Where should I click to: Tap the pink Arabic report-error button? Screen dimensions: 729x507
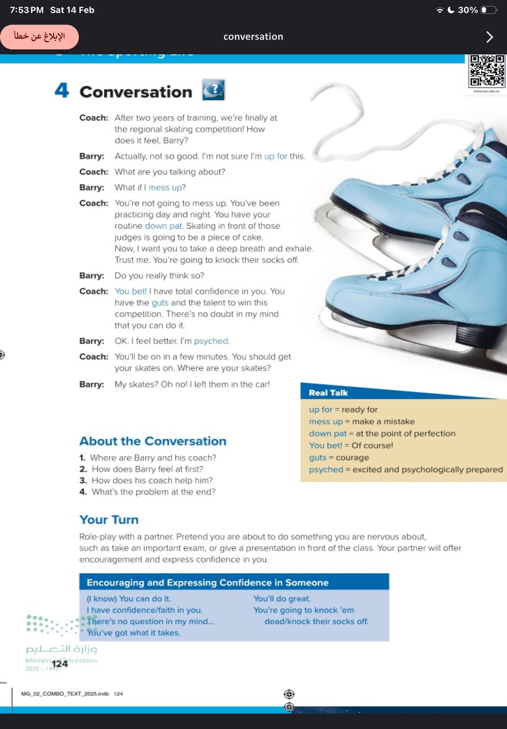(x=39, y=37)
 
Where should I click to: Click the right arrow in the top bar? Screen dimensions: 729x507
(x=489, y=37)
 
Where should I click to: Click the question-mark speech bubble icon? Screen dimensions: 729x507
(x=214, y=90)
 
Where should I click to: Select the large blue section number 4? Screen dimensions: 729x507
(x=62, y=91)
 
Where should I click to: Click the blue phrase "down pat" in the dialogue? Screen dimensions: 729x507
(x=164, y=226)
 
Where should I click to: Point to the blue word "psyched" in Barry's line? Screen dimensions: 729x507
(x=211, y=341)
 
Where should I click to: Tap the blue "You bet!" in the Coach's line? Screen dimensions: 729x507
(x=130, y=291)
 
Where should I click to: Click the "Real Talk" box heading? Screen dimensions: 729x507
(x=329, y=393)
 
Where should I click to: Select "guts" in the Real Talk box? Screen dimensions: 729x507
(x=318, y=458)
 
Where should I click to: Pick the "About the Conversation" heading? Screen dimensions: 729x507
(x=153, y=441)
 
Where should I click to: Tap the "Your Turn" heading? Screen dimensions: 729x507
(x=109, y=520)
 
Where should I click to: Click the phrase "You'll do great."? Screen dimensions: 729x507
(x=282, y=599)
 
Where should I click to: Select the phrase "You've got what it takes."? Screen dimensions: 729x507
(x=134, y=633)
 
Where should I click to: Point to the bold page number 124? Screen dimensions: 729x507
(x=60, y=664)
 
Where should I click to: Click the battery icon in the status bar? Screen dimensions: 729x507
(x=488, y=10)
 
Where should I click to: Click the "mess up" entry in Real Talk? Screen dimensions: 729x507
(x=326, y=421)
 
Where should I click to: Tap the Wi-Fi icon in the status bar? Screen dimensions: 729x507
(x=440, y=10)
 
